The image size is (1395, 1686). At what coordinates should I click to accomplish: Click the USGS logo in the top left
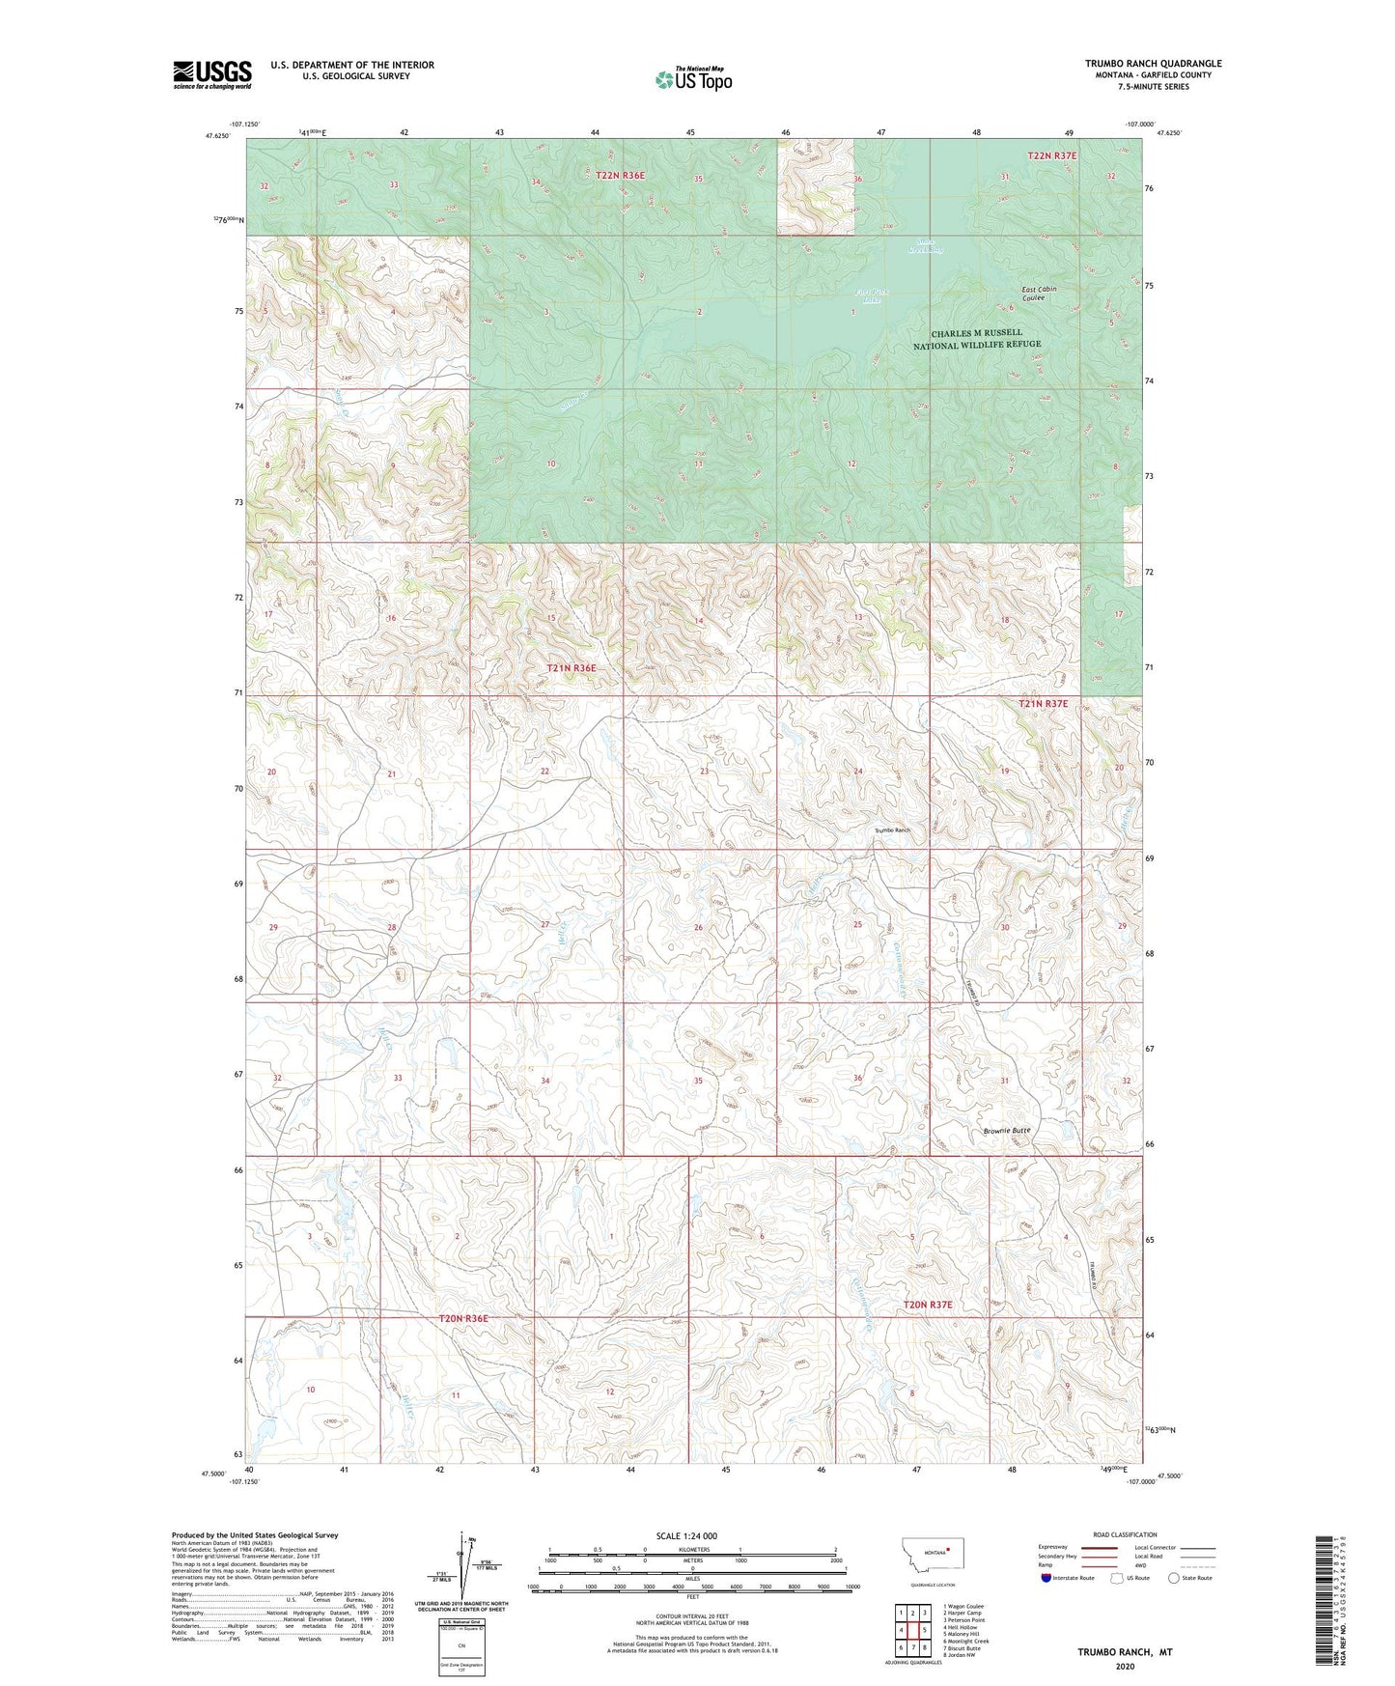pyautogui.click(x=211, y=74)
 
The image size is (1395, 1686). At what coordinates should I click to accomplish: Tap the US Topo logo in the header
pyautogui.click(x=692, y=79)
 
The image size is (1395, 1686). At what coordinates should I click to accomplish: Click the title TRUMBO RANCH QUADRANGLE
pyautogui.click(x=1153, y=64)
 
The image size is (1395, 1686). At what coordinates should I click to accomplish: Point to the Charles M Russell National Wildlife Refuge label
pyautogui.click(x=977, y=339)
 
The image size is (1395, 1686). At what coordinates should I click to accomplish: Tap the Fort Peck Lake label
pyautogui.click(x=870, y=295)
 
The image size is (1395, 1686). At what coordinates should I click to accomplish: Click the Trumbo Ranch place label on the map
pyautogui.click(x=892, y=830)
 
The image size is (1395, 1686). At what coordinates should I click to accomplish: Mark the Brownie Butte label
pyautogui.click(x=1007, y=1130)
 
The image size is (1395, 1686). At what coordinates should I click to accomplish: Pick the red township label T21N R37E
pyautogui.click(x=1043, y=704)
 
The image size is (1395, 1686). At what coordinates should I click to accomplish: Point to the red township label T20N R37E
pyautogui.click(x=927, y=1305)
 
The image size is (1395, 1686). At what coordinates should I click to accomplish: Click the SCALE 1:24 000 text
pyautogui.click(x=686, y=1535)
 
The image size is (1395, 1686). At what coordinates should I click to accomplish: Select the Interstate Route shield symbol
pyautogui.click(x=1047, y=1578)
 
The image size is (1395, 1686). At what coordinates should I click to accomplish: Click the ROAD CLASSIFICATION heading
pyautogui.click(x=1125, y=1534)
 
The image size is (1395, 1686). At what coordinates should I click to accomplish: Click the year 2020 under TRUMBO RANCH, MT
pyautogui.click(x=1124, y=1666)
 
